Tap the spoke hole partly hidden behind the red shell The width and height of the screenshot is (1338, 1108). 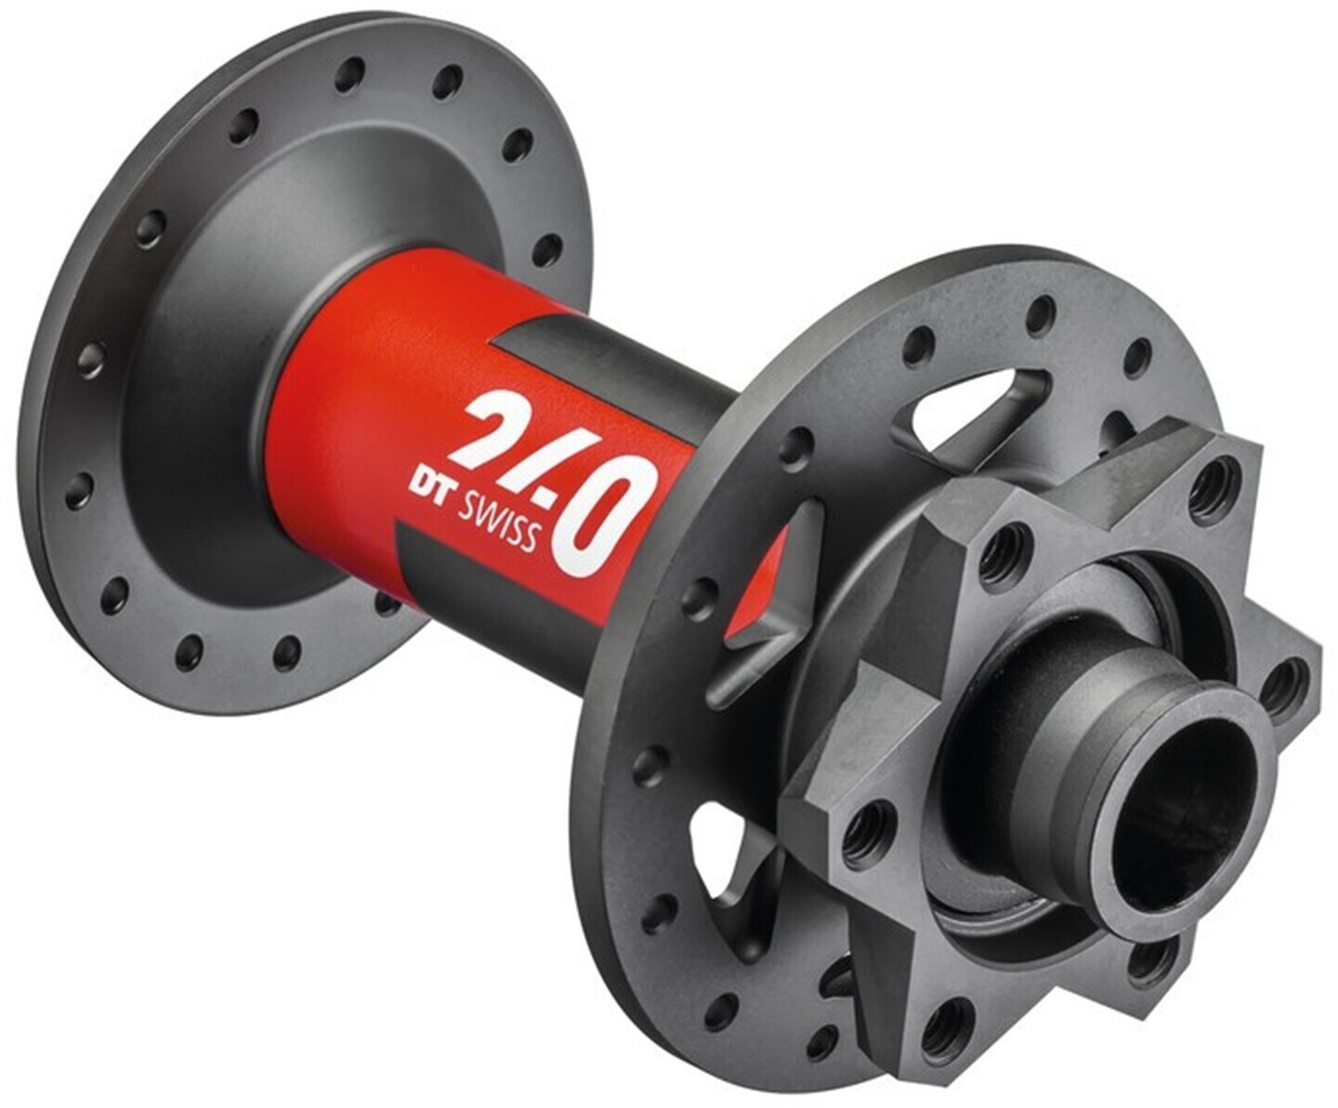point(386,604)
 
